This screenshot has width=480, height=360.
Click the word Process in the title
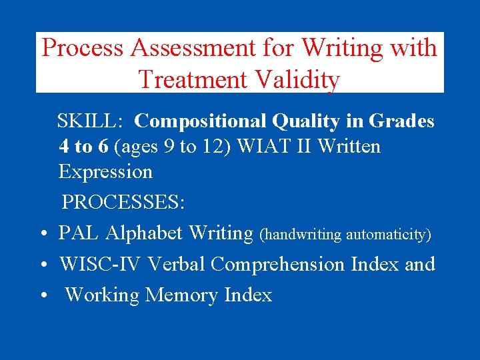coord(83,49)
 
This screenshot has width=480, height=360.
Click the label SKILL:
coord(89,121)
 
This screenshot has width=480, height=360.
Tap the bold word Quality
coord(300,121)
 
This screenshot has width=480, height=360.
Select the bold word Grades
coord(402,121)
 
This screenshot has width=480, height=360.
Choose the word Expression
coord(105,171)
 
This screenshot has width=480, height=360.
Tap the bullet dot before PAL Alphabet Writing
coord(42,235)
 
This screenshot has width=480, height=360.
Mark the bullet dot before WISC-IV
coord(42,265)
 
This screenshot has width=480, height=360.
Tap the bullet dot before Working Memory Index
coord(42,296)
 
